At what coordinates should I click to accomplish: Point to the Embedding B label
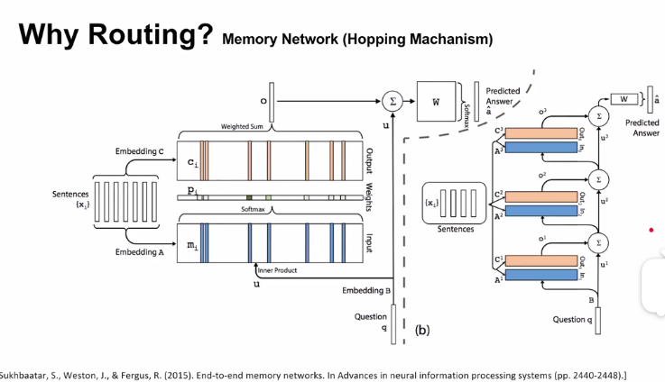click(x=366, y=291)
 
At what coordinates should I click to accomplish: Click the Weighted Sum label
click(x=242, y=126)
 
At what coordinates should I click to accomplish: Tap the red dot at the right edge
click(x=651, y=229)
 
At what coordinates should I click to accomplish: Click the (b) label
click(x=422, y=330)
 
